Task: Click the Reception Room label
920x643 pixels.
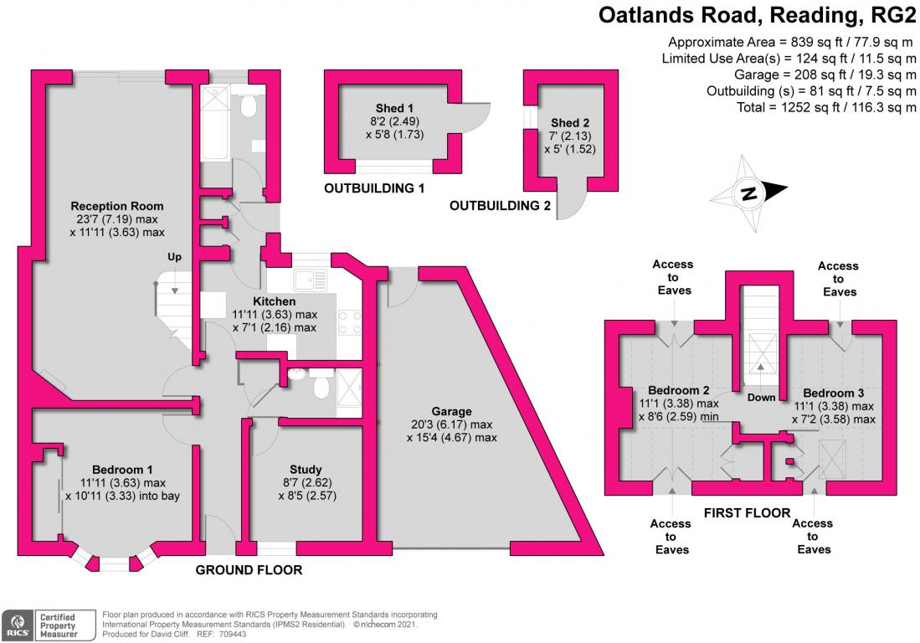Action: (116, 206)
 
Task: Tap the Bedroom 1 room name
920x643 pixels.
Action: (122, 470)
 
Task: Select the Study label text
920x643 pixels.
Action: (306, 470)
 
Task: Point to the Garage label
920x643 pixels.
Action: (451, 411)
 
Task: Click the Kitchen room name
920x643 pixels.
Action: (274, 301)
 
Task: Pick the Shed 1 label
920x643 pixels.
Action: (394, 108)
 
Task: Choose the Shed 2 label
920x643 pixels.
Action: (570, 122)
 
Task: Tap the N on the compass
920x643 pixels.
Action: (748, 193)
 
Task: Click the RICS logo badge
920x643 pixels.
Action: (17, 625)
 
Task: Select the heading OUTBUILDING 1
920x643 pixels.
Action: (373, 188)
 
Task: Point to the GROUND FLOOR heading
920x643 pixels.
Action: (249, 569)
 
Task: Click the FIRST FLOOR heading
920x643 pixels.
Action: (747, 512)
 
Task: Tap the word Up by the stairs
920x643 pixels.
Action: (174, 257)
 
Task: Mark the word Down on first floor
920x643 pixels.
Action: (761, 397)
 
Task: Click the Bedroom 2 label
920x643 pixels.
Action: (678, 390)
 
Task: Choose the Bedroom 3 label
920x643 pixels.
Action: (833, 393)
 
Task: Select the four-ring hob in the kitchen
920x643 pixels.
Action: (349, 322)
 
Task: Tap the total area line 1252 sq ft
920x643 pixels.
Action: (826, 107)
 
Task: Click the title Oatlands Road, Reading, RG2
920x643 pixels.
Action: (757, 15)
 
